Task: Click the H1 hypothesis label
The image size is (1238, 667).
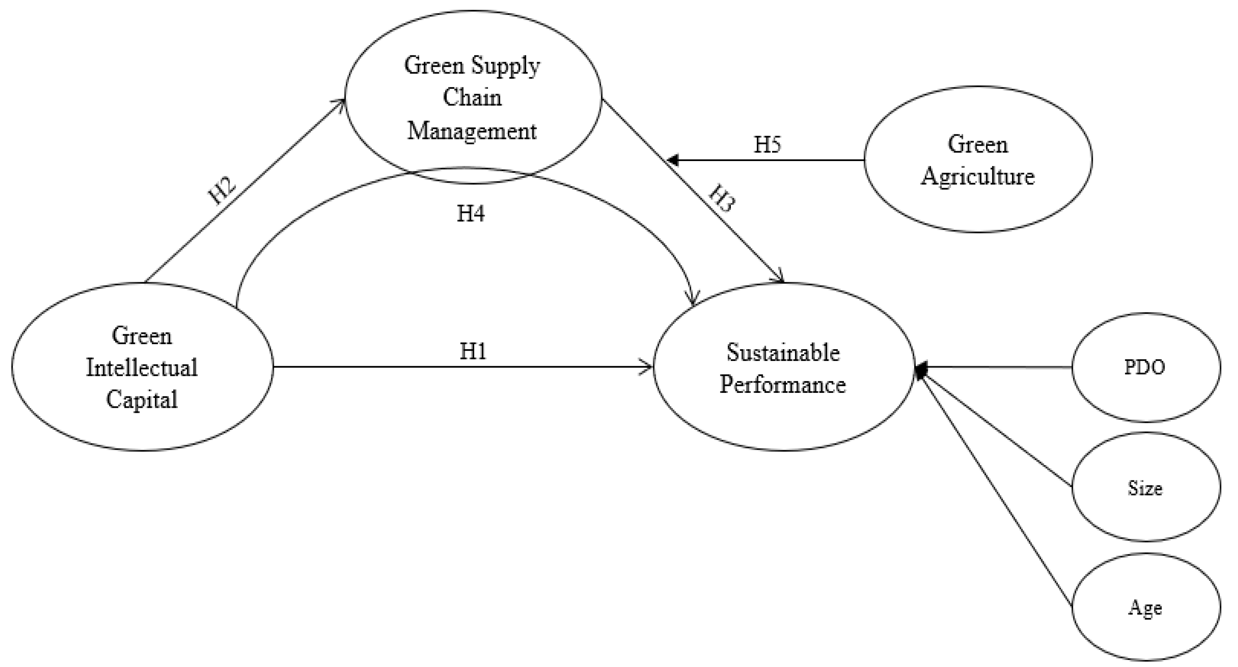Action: pyautogui.click(x=473, y=352)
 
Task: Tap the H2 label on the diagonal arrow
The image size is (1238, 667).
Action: pyautogui.click(x=223, y=191)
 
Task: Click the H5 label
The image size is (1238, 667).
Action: pyautogui.click(x=767, y=144)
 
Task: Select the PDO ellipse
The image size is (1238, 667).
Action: pyautogui.click(x=1145, y=367)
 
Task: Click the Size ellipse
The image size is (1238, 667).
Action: pyautogui.click(x=1145, y=487)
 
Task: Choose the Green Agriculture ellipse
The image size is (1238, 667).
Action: pyautogui.click(x=978, y=159)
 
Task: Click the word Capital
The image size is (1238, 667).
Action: pyautogui.click(x=142, y=399)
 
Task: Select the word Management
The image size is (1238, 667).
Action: pyautogui.click(x=472, y=131)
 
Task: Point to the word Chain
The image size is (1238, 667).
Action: pyautogui.click(x=472, y=98)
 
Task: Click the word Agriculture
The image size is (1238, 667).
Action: pyautogui.click(x=978, y=176)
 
